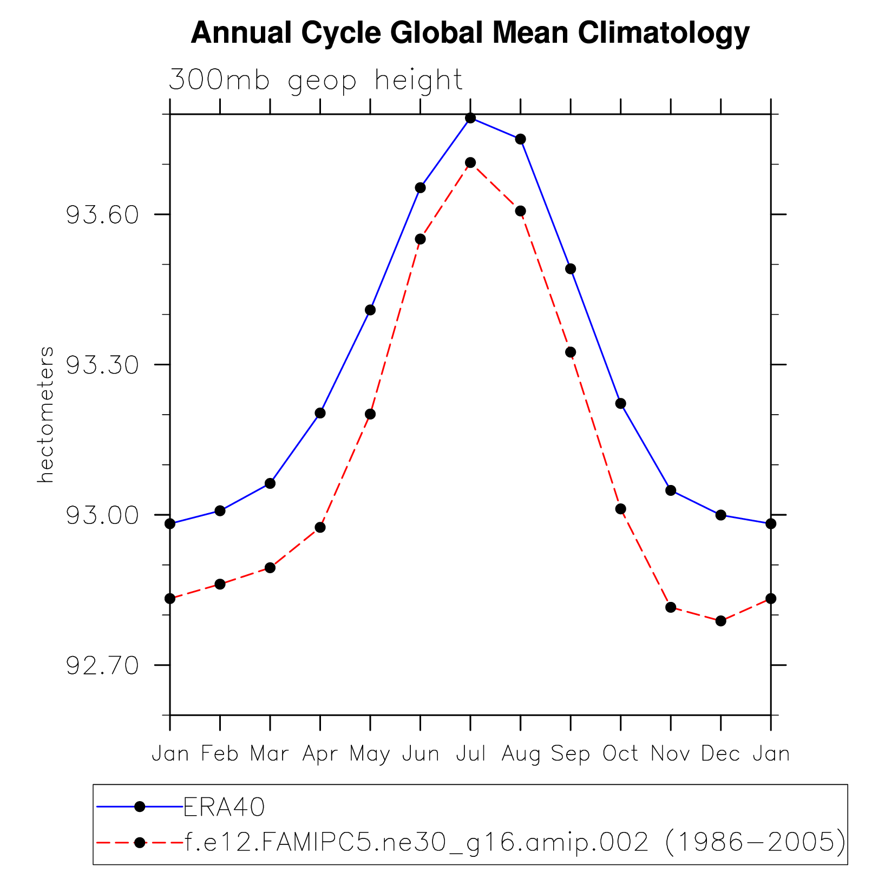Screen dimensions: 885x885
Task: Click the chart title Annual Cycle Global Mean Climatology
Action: coord(470,34)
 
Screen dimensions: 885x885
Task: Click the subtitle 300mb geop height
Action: coord(316,80)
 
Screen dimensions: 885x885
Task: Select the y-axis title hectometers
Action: coord(46,415)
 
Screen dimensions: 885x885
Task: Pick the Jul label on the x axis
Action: coord(470,753)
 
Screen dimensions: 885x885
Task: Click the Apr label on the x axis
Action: coord(320,754)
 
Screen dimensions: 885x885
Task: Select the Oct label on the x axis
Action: coord(620,753)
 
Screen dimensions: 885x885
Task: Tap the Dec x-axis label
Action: coord(720,753)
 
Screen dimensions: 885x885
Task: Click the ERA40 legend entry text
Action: coord(225,807)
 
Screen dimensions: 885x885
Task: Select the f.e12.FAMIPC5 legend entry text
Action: coord(514,842)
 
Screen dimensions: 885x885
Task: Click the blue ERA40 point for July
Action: coord(470,118)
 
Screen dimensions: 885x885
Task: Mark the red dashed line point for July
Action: coord(470,162)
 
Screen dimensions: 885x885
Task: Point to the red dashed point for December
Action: coord(720,621)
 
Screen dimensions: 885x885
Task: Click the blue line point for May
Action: coord(370,310)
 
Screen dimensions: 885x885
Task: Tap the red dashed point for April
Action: coord(320,527)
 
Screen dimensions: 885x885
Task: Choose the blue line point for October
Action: coord(620,403)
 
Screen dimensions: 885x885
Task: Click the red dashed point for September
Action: coord(571,352)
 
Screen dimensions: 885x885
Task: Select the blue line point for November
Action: coord(671,490)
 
